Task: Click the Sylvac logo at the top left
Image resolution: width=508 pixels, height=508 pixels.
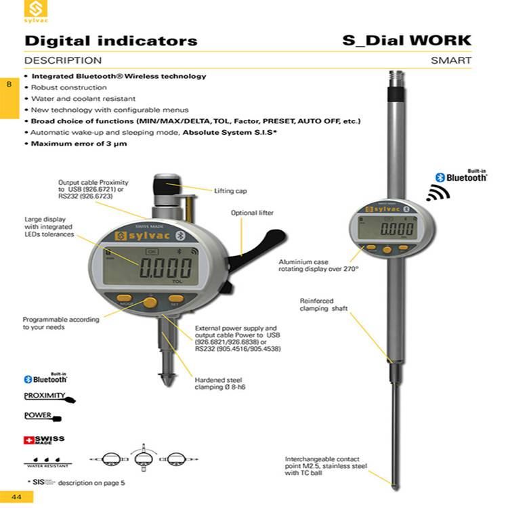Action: pyautogui.click(x=36, y=11)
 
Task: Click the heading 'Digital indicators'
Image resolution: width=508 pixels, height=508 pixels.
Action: pyautogui.click(x=111, y=41)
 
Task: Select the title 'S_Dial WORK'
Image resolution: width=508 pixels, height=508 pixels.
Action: pyautogui.click(x=407, y=40)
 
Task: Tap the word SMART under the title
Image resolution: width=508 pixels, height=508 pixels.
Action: pyautogui.click(x=451, y=60)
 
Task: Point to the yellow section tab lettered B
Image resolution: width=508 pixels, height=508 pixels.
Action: pyautogui.click(x=9, y=85)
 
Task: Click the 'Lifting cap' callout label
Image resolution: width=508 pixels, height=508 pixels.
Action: pyautogui.click(x=230, y=191)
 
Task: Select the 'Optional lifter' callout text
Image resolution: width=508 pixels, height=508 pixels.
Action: pyautogui.click(x=252, y=213)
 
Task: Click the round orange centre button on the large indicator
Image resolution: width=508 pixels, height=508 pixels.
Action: pyautogui.click(x=150, y=303)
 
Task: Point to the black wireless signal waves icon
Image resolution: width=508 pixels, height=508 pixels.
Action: pyautogui.click(x=438, y=194)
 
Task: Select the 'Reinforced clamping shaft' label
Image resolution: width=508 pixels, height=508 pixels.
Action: pyautogui.click(x=324, y=304)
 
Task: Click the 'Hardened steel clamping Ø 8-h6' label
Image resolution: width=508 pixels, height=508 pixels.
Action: pyautogui.click(x=218, y=384)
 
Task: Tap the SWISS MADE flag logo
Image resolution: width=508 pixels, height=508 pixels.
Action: pyautogui.click(x=44, y=440)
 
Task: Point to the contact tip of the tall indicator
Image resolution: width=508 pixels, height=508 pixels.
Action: pyautogui.click(x=394, y=484)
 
